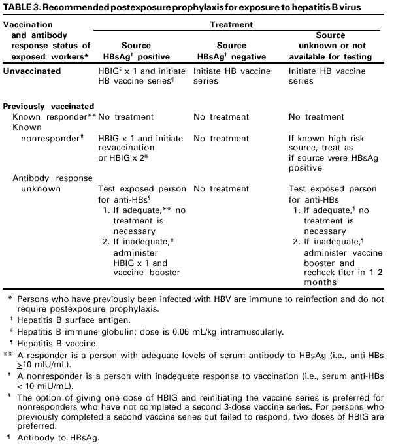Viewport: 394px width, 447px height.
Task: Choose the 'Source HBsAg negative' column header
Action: point(231,51)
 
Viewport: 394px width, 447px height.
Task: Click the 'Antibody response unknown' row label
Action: point(52,183)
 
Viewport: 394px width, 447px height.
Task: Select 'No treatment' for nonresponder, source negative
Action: point(221,139)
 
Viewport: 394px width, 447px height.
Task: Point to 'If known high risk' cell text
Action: point(326,139)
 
